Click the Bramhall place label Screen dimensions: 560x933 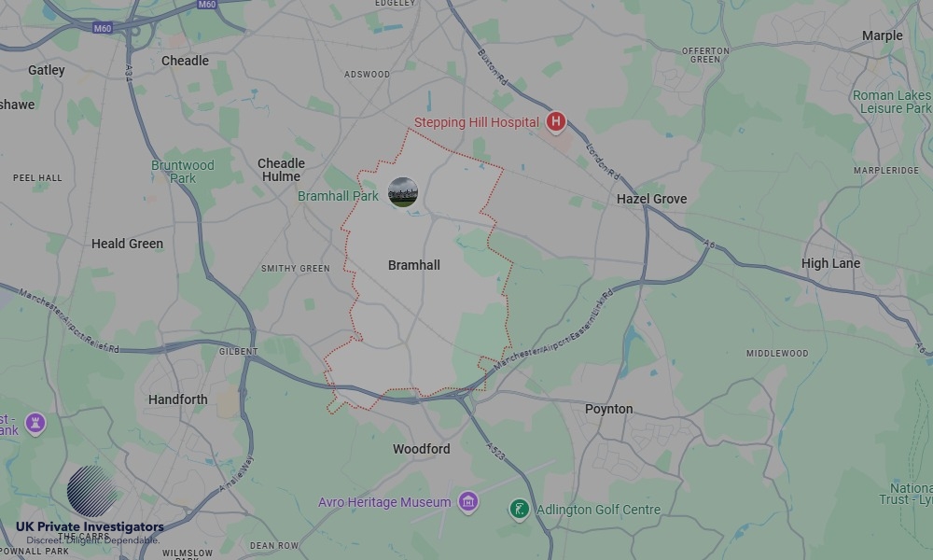coord(413,266)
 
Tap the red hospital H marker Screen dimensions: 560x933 coord(556,121)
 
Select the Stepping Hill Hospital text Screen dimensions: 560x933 coord(476,122)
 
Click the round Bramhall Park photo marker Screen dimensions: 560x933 coord(402,192)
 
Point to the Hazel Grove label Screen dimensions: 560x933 coord(651,199)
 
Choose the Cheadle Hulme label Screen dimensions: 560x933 coord(281,170)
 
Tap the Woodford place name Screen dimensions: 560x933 coord(421,449)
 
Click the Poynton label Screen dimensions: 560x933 coord(608,409)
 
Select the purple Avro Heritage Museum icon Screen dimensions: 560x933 coord(468,502)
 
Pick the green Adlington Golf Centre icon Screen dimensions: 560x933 coord(519,510)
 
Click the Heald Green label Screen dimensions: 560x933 coord(127,244)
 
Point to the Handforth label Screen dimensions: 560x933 coord(178,399)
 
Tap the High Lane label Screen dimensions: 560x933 coord(830,263)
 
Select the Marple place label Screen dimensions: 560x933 coord(882,35)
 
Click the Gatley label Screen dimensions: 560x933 coord(47,70)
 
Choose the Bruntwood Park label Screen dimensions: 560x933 coord(183,172)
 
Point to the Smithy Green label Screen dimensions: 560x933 coord(295,269)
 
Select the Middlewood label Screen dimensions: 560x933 coord(777,354)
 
